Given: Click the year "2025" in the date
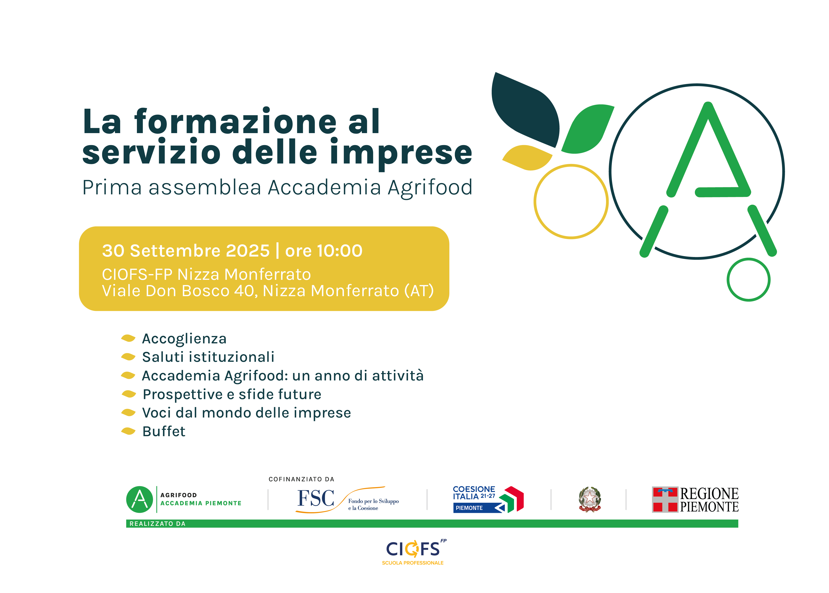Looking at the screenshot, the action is tap(248, 251).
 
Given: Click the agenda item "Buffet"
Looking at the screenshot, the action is tap(164, 431).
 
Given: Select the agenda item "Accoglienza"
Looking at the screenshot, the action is tap(184, 339).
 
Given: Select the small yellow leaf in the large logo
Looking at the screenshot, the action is tap(527, 157).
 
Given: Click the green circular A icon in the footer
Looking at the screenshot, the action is tap(139, 499).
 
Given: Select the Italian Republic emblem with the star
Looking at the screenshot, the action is tap(590, 499).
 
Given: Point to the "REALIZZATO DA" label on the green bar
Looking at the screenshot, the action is tap(158, 524).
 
